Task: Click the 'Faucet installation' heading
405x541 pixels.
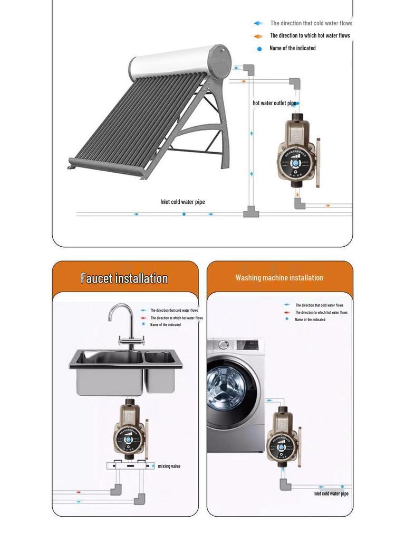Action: point(124,278)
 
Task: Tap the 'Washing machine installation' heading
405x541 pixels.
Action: point(279,277)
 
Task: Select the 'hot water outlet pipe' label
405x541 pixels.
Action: point(274,103)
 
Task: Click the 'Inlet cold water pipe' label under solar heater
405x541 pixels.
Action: point(182,202)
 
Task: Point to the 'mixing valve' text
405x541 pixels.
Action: point(169,466)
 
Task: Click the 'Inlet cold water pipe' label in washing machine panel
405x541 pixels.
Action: point(331,493)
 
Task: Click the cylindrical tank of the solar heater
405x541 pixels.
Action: point(179,62)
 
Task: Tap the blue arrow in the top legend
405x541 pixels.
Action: point(258,23)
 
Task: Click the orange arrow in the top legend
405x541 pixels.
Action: point(258,36)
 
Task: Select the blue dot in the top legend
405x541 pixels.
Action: point(259,49)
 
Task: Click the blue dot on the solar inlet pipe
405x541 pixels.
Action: point(184,214)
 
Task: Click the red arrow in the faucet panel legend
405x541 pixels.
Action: point(143,318)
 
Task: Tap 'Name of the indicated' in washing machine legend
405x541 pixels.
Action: point(310,320)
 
